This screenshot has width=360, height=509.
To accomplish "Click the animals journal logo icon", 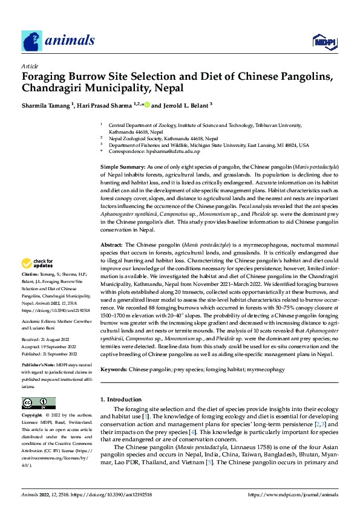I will [32, 41].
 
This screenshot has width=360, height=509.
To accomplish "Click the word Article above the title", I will [30, 66].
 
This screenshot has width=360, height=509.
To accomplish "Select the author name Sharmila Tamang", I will [45, 105].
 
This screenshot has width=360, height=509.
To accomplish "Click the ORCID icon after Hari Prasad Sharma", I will [146, 105].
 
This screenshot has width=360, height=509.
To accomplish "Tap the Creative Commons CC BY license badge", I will [38, 403].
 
